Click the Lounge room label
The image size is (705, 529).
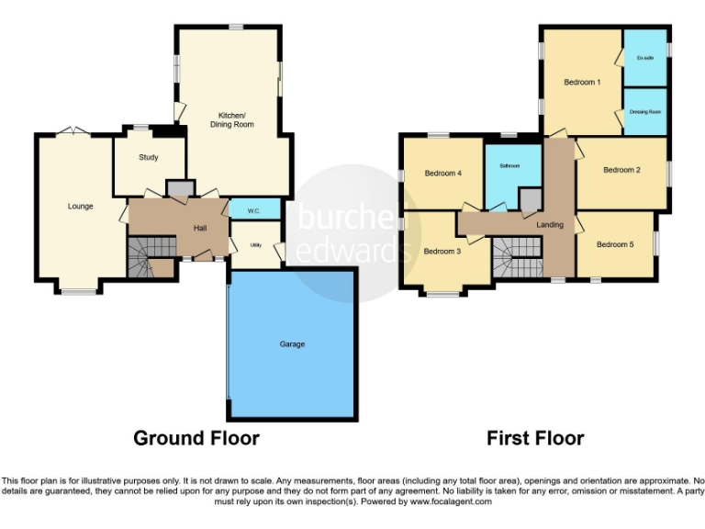(x=80, y=206)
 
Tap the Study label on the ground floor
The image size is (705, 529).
(x=149, y=157)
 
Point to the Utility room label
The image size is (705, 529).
(x=256, y=246)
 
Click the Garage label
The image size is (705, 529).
(x=292, y=344)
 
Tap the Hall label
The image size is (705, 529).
(x=199, y=228)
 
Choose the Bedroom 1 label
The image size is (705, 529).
(x=582, y=83)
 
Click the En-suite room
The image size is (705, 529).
(x=645, y=58)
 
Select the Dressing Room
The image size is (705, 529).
(x=645, y=112)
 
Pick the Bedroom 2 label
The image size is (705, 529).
(x=621, y=170)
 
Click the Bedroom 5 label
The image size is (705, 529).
(x=614, y=244)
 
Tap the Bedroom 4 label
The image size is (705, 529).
(x=442, y=174)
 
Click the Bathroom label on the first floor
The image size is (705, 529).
(x=510, y=166)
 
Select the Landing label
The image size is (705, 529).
(x=550, y=225)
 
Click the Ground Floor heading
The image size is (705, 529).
(x=196, y=438)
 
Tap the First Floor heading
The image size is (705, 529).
(x=535, y=438)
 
